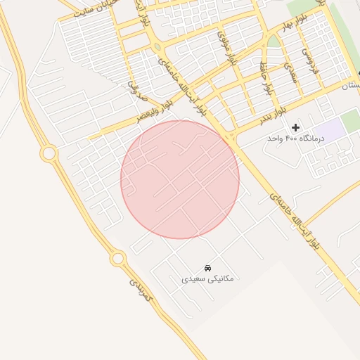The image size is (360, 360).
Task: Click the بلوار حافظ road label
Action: tap(265, 79)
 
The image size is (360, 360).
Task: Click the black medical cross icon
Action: tap(295, 127)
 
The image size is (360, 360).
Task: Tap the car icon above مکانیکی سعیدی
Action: tap(207, 268)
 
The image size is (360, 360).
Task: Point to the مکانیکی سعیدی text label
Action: tap(207, 279)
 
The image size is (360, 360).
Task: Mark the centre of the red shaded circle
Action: tap(180, 179)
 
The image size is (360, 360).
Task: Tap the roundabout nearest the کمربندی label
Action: tap(117, 259)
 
